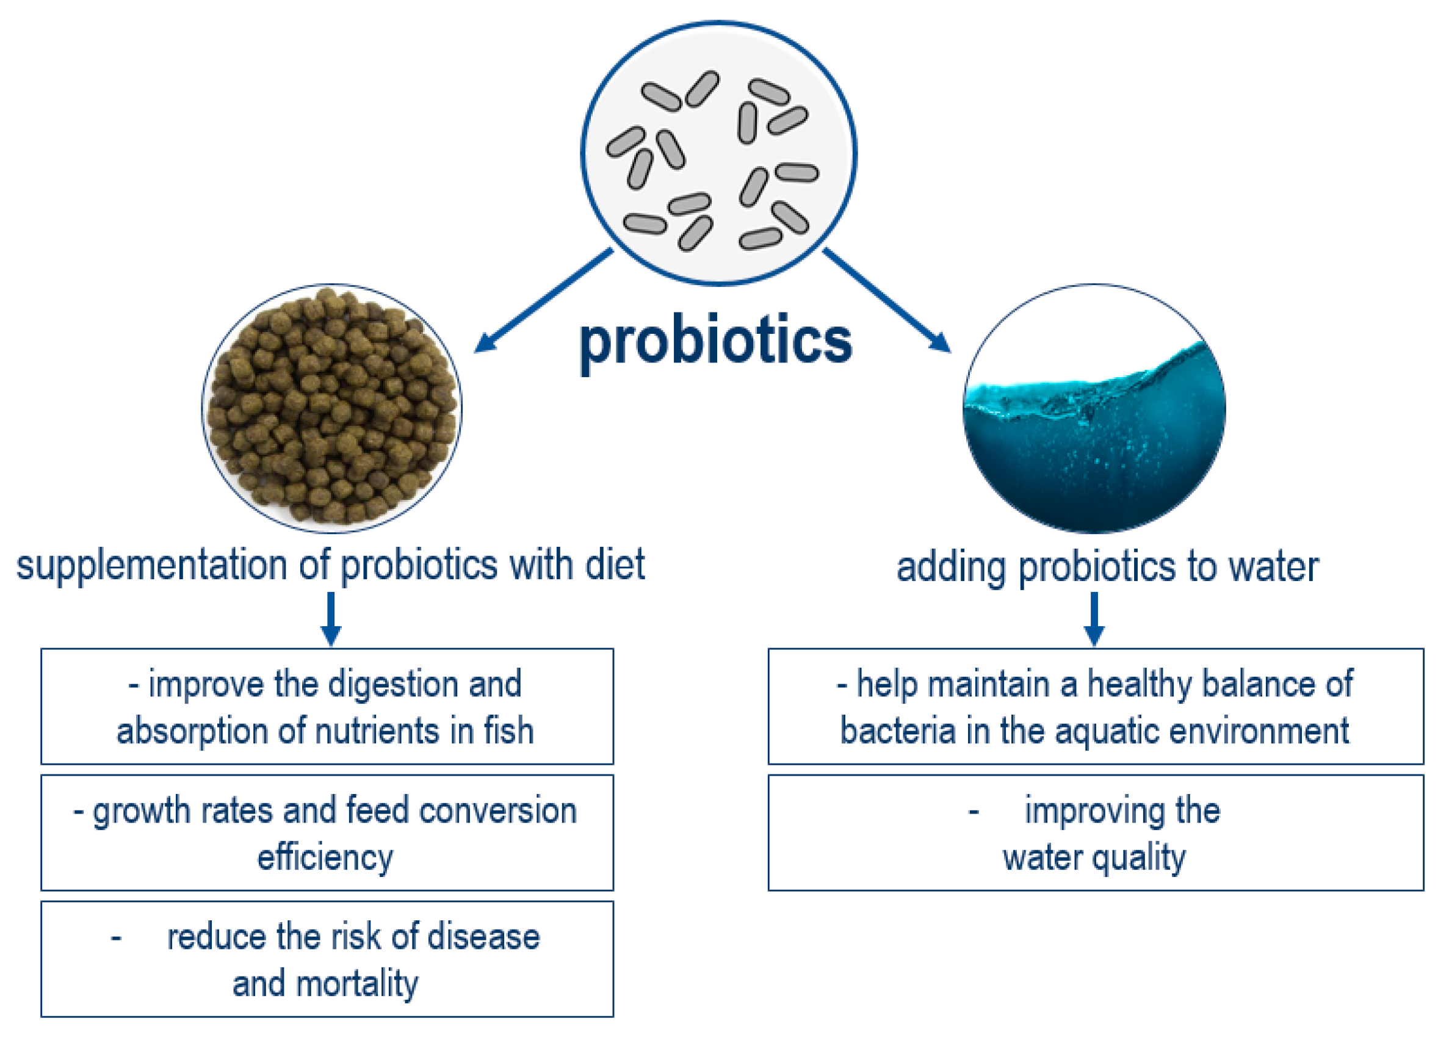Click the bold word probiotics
coord(716,342)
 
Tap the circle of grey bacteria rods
coord(718,153)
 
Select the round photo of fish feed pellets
coord(331,408)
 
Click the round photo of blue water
coord(1094,408)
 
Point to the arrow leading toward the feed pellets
coord(543,300)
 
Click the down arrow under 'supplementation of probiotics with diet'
coord(331,619)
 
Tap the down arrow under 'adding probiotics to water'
coord(1094,619)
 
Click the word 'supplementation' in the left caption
coord(151,566)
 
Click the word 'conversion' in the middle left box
coord(497,811)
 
